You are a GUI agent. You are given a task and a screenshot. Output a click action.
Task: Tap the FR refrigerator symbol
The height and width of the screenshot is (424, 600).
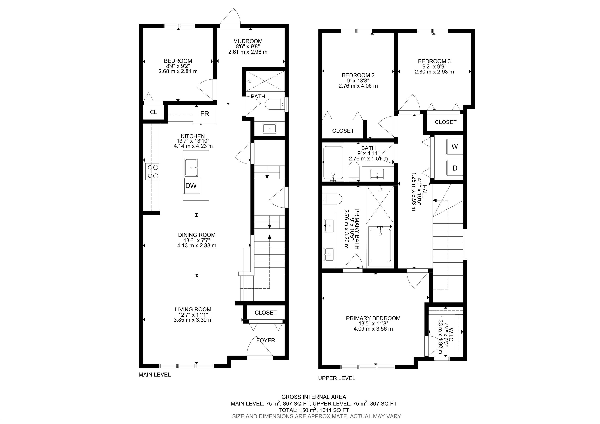(205, 114)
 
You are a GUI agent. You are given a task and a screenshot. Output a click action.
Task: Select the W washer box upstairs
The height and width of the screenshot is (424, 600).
(455, 146)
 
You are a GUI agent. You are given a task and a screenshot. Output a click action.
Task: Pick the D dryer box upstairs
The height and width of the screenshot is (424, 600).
(455, 168)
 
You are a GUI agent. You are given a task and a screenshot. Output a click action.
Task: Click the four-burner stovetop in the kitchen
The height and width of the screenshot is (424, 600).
(153, 172)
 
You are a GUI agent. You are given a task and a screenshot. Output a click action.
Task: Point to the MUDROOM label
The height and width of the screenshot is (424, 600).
(248, 41)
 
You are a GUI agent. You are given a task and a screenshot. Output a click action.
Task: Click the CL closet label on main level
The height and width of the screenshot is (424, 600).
(153, 112)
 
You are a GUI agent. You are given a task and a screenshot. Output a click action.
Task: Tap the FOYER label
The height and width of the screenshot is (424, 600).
(265, 340)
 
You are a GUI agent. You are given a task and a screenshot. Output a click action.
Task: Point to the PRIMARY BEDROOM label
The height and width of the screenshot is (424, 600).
(373, 318)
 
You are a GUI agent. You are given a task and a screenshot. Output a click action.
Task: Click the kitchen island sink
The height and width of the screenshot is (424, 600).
(191, 168)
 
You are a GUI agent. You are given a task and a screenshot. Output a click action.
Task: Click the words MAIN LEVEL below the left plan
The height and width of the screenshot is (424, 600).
(155, 375)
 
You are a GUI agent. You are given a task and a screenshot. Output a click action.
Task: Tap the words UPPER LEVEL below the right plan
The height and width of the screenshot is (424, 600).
(337, 378)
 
